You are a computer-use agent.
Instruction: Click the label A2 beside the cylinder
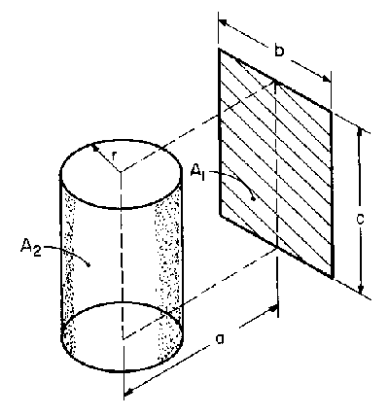point(31,248)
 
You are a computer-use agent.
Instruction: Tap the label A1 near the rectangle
point(197,172)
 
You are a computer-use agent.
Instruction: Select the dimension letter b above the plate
point(278,51)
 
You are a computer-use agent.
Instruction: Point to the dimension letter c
point(360,219)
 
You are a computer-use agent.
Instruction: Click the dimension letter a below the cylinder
point(220,338)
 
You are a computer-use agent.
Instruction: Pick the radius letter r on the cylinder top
point(114,156)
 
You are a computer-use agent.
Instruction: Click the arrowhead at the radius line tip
point(95,147)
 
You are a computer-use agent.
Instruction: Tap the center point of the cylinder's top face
point(121,171)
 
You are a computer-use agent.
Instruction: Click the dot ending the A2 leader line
point(88,265)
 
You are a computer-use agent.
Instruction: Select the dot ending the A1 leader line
point(255,198)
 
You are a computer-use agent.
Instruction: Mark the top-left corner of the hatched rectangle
point(220,49)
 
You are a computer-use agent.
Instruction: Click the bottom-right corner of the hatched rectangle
point(332,278)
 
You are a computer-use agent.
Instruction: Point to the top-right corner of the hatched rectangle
point(332,111)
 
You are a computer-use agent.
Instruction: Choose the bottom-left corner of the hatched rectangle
point(220,214)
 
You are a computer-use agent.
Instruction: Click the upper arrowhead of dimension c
point(360,132)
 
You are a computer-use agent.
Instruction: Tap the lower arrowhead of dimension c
point(361,289)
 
